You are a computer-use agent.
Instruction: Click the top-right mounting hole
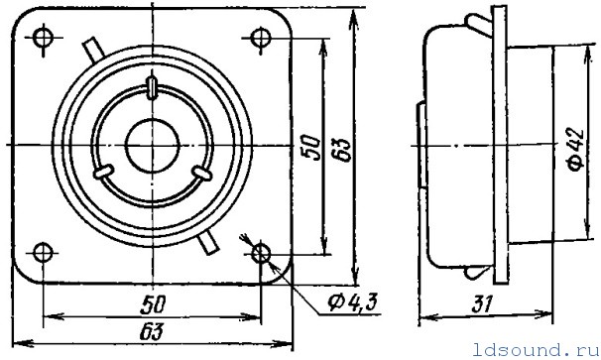click(x=261, y=38)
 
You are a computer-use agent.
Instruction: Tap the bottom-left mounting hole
click(x=43, y=253)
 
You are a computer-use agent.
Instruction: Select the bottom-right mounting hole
click(x=261, y=254)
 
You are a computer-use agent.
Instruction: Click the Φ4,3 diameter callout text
click(x=352, y=302)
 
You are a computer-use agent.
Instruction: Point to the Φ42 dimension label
click(x=576, y=149)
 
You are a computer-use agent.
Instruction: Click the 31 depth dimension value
click(x=482, y=305)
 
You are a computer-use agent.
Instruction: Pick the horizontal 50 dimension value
click(x=153, y=304)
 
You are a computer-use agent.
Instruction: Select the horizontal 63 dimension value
click(x=152, y=331)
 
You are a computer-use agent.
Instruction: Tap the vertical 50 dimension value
click(x=310, y=148)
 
